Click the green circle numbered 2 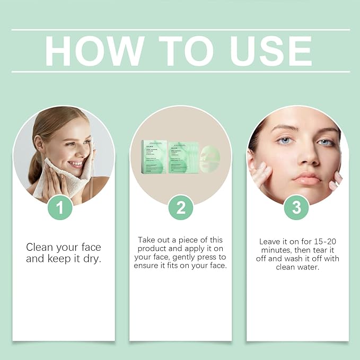(181, 207)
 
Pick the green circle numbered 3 (296, 207)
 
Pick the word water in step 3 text (313, 267)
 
